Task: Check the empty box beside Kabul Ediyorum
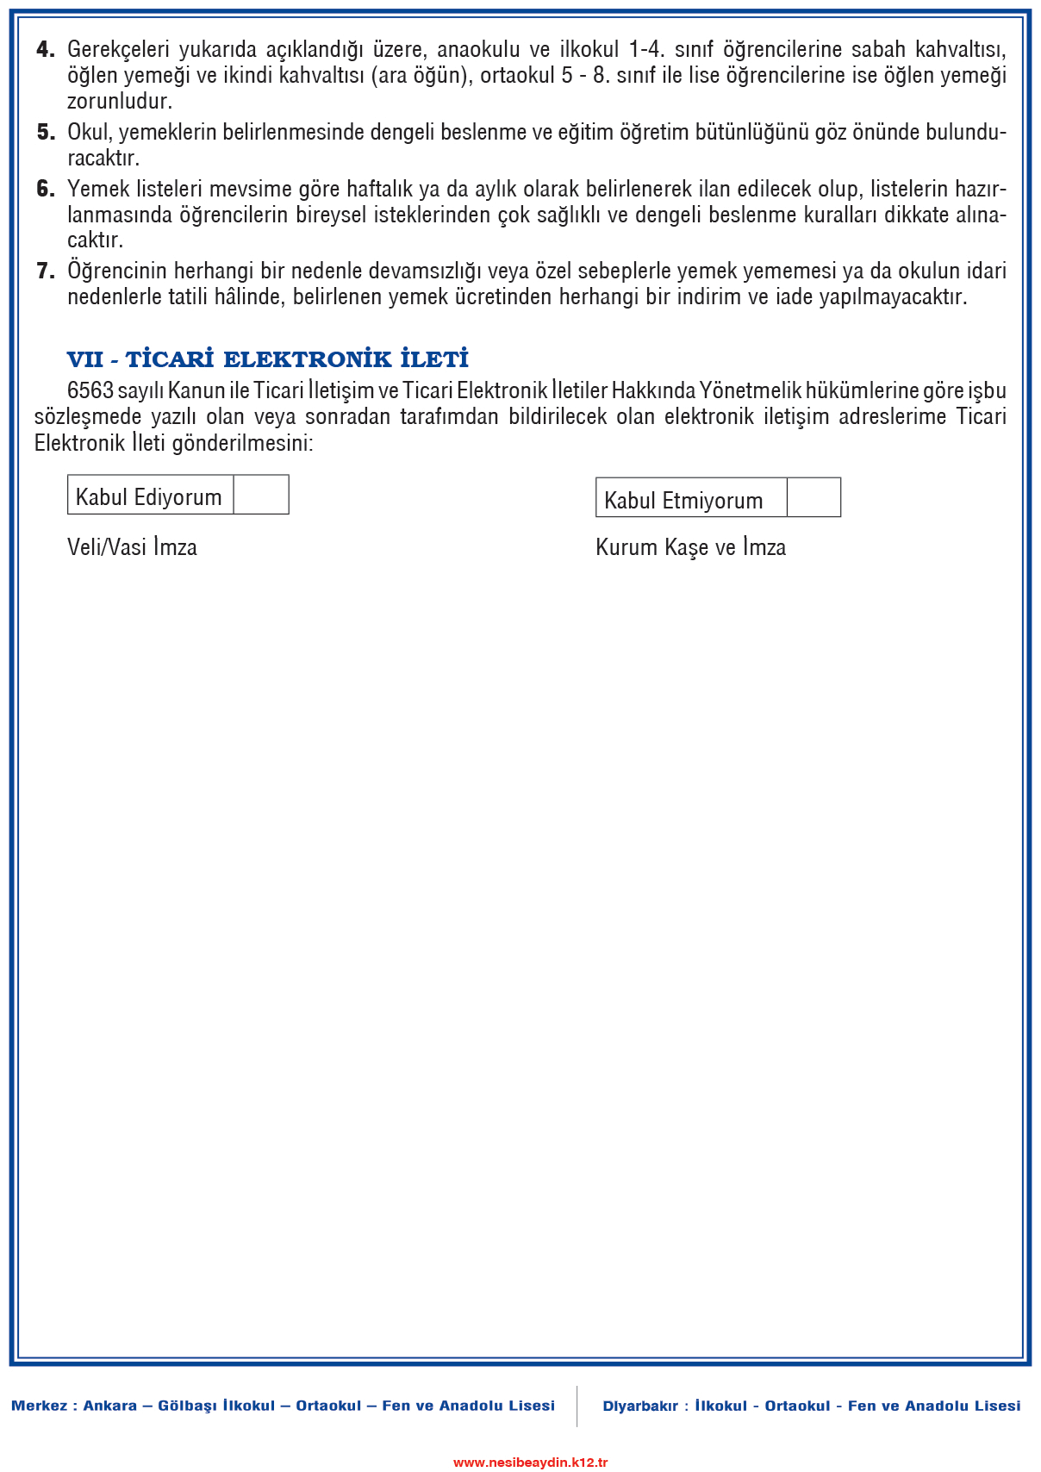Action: (261, 495)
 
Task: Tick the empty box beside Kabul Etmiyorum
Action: (813, 498)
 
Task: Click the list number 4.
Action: (46, 50)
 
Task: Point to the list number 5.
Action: (46, 133)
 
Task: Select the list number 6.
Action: (46, 190)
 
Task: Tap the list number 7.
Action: (46, 271)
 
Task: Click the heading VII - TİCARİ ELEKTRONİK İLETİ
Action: (268, 359)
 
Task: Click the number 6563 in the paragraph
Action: (90, 390)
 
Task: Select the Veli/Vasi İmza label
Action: (132, 547)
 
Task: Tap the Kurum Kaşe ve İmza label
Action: (690, 547)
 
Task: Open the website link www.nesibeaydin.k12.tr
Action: (531, 1462)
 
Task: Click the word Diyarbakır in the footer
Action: (640, 1406)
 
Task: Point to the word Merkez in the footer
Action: (39, 1406)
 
